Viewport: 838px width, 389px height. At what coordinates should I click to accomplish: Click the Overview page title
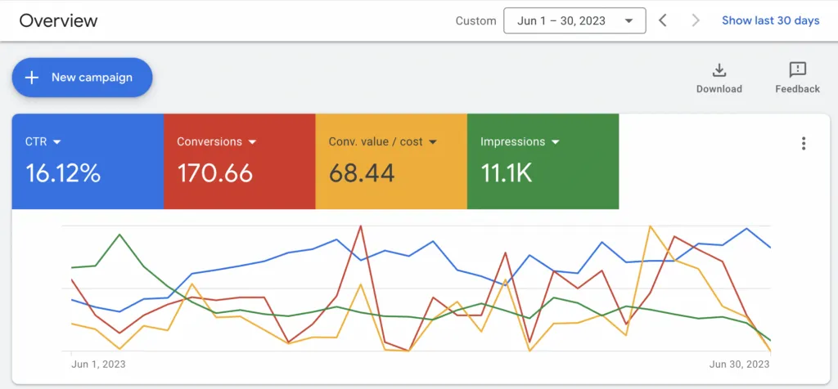click(58, 20)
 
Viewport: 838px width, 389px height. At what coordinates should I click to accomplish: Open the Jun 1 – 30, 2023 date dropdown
click(574, 20)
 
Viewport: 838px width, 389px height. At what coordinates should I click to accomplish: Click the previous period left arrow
click(663, 20)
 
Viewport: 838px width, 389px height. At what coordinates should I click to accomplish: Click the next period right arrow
click(696, 20)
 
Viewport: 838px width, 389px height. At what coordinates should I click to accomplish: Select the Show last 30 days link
click(770, 20)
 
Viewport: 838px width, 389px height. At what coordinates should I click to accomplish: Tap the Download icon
click(719, 70)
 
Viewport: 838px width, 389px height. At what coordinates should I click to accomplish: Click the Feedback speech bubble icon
click(797, 70)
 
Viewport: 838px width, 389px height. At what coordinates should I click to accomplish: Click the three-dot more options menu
click(804, 144)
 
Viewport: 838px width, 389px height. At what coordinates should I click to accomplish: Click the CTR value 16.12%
click(63, 173)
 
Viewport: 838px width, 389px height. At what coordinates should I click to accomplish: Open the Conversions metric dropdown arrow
click(253, 142)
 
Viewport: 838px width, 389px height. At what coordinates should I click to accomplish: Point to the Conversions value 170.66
click(214, 173)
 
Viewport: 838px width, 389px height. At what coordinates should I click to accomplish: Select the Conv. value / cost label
click(376, 142)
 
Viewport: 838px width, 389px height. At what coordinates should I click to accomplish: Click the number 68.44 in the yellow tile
click(362, 173)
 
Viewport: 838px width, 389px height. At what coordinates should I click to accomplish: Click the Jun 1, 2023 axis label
click(98, 364)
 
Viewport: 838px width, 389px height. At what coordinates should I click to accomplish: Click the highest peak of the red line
click(360, 226)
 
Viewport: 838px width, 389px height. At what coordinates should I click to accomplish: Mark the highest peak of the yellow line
click(650, 226)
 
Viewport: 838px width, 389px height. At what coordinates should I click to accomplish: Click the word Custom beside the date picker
click(476, 21)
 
